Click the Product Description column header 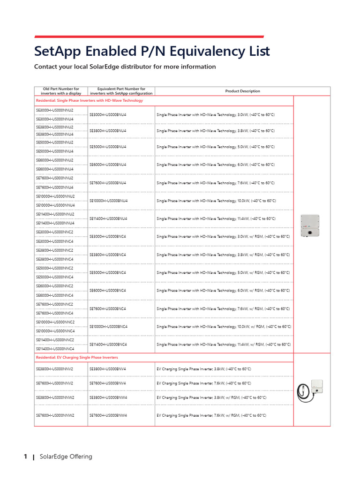(242, 91)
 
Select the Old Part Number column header (61, 91)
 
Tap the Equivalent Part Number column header (121, 91)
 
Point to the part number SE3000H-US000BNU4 (108, 114)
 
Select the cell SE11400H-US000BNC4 (108, 344)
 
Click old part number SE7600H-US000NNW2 (55, 415)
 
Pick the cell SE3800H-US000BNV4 (108, 369)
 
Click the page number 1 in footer (25, 457)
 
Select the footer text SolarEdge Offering (66, 457)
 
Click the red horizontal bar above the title (149, 37)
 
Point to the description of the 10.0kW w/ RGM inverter (224, 326)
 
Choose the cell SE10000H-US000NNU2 (55, 196)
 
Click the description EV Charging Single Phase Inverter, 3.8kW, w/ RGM (211, 397)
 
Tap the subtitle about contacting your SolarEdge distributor (125, 67)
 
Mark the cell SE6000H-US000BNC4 (108, 291)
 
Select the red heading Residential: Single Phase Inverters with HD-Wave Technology (90, 100)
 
